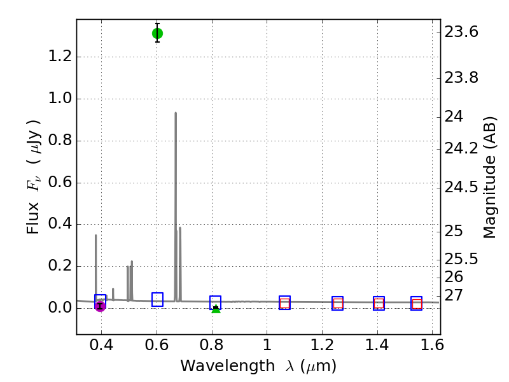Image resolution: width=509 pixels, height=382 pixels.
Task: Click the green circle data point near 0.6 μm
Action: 157,33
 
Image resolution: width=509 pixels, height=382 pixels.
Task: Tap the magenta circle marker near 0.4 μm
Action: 100,306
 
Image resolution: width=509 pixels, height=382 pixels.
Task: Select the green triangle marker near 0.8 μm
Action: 216,309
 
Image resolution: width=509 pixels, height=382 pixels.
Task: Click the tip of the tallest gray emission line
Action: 176,113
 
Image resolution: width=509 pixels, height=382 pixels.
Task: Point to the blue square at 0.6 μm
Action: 157,299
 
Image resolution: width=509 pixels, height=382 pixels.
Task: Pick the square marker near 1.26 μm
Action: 338,304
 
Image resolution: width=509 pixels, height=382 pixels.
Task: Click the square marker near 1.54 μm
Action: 417,304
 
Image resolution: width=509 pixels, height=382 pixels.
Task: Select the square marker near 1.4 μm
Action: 379,304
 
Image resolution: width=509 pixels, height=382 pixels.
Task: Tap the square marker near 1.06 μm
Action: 284,303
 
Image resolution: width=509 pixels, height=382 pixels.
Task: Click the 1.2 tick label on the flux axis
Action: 60,57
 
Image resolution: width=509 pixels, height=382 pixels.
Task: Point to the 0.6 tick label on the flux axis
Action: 60,183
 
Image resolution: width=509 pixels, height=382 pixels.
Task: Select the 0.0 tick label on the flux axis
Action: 60,308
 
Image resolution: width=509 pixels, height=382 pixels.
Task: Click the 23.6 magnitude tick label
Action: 462,32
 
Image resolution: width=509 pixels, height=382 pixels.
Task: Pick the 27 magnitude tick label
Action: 454,295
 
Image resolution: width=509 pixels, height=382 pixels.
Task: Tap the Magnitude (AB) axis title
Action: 489,177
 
